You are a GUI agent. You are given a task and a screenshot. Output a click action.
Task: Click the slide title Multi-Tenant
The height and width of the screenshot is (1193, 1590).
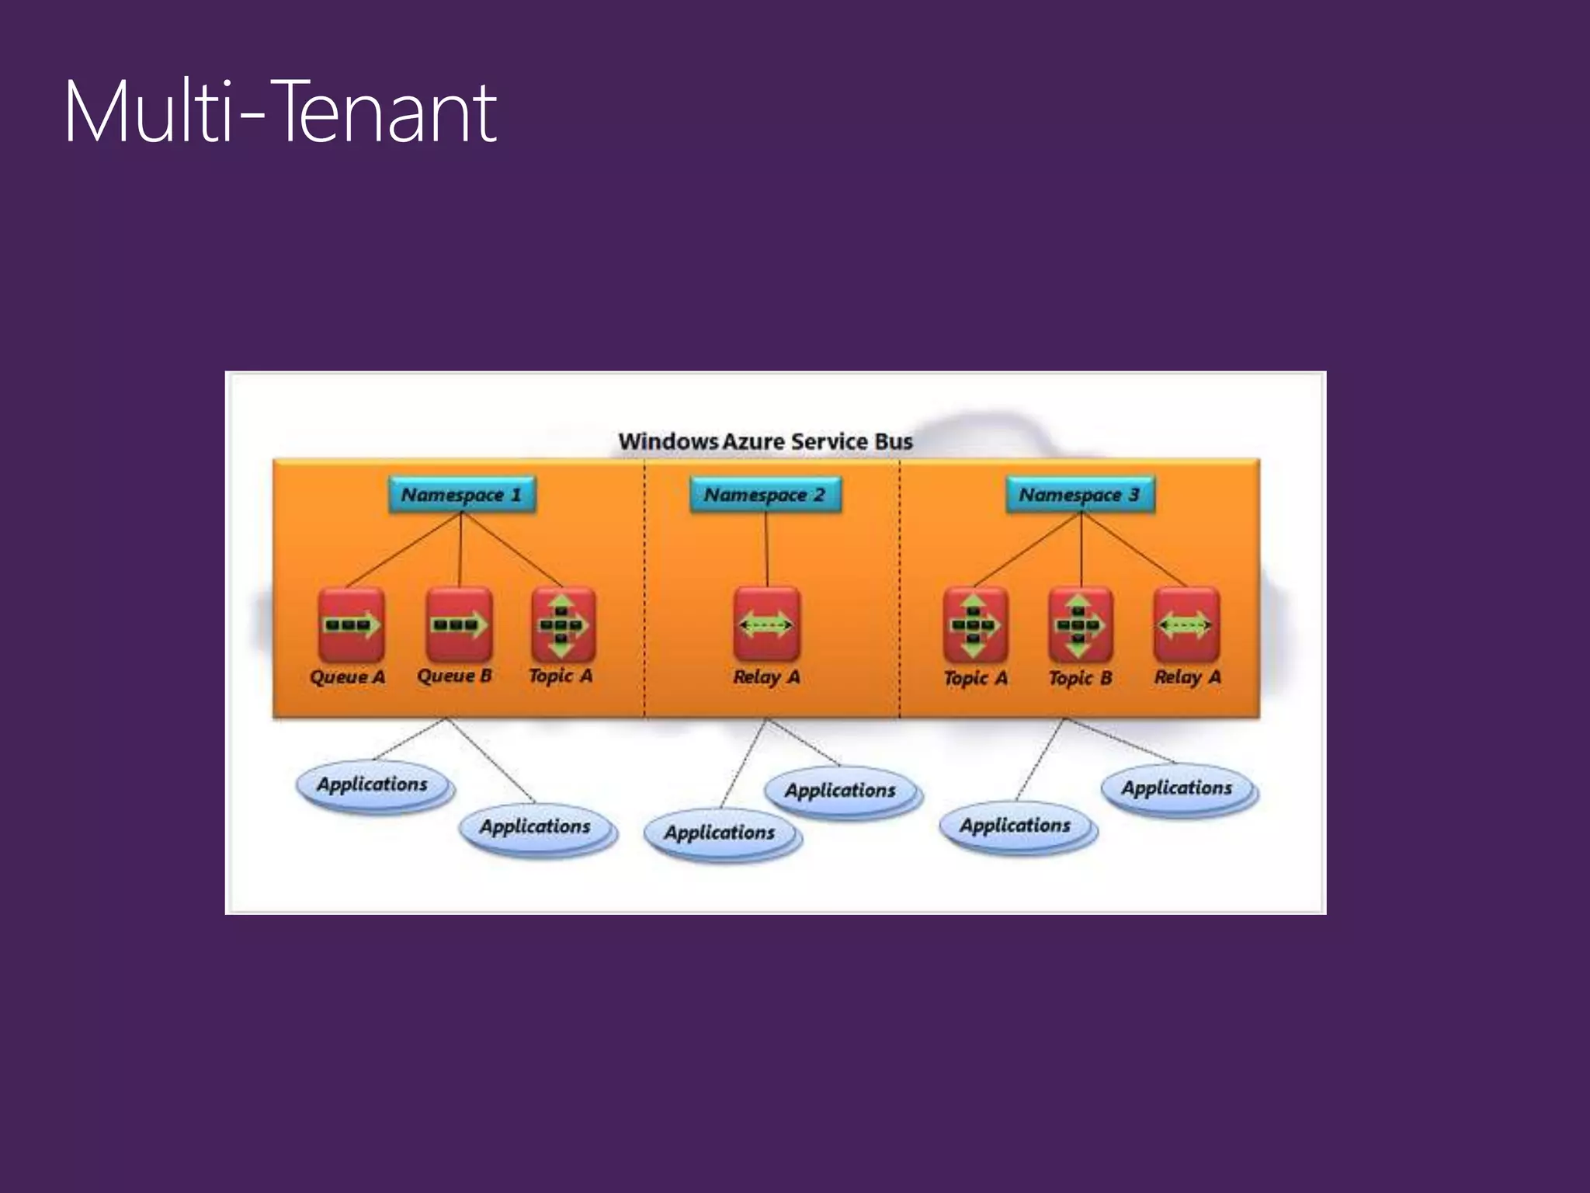tap(280, 113)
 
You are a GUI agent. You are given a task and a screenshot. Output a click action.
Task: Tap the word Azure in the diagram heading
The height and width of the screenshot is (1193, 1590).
tap(753, 441)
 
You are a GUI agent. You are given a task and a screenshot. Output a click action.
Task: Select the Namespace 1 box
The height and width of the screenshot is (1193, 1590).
tap(461, 495)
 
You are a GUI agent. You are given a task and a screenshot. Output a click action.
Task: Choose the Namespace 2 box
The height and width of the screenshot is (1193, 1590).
tap(765, 495)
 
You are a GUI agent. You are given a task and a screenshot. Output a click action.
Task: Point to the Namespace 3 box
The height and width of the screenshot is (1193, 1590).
tap(1080, 495)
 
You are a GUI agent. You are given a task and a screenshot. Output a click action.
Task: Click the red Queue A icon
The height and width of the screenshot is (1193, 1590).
tap(351, 624)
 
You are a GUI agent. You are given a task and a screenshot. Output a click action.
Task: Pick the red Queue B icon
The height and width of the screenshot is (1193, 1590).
tap(459, 624)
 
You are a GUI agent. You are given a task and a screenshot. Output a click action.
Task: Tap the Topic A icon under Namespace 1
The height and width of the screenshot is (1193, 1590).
tap(564, 624)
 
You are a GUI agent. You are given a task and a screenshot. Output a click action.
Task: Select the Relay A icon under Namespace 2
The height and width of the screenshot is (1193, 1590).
tap(766, 624)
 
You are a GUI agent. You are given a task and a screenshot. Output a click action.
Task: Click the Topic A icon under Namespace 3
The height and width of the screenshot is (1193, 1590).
tap(975, 624)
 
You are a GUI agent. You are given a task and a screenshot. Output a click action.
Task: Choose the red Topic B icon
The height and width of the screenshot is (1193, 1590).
tap(1080, 624)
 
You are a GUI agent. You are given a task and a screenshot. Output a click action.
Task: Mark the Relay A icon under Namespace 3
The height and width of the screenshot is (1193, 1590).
tap(1186, 624)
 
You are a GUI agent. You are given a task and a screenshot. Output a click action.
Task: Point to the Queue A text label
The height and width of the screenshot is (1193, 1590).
tap(347, 677)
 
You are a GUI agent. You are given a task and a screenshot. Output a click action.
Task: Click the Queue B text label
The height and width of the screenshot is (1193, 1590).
tap(454, 676)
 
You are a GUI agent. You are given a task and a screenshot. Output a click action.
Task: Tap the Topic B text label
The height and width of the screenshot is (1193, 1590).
tap(1080, 678)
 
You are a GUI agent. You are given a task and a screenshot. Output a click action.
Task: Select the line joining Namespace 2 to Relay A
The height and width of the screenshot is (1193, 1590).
tap(766, 550)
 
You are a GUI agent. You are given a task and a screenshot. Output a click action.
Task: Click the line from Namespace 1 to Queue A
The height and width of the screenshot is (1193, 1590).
tap(404, 550)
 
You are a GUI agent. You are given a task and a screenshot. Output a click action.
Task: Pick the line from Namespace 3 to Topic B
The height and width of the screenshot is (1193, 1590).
tap(1081, 550)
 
